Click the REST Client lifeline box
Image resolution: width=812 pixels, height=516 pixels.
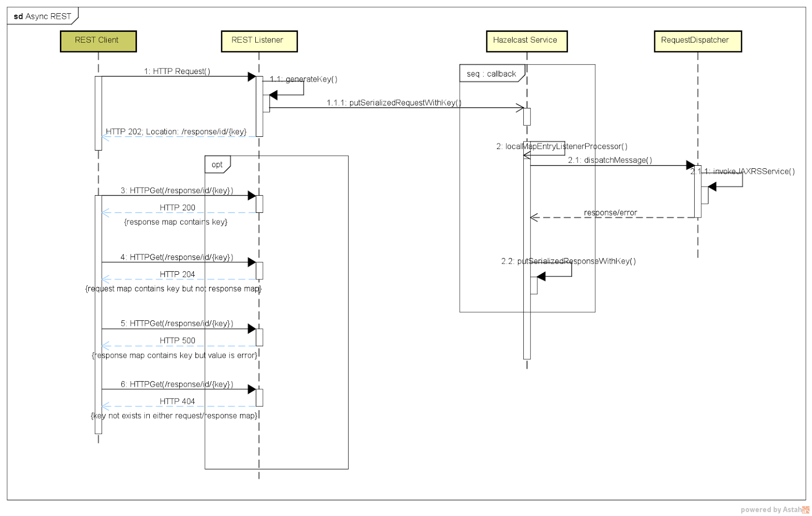[x=98, y=41]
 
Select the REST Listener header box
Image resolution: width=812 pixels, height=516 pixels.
[x=259, y=41]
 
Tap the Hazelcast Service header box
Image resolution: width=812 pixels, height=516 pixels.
[x=526, y=41]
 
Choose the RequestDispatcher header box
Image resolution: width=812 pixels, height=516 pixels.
[x=697, y=41]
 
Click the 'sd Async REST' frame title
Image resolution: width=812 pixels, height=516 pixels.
[x=43, y=16]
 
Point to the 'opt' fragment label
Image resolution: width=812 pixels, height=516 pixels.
[x=217, y=165]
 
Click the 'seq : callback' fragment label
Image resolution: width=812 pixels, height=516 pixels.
[x=491, y=74]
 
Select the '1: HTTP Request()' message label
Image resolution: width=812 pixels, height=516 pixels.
[x=177, y=71]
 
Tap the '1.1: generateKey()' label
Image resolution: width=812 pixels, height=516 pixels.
[x=303, y=79]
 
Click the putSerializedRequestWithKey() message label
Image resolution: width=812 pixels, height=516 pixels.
[x=394, y=103]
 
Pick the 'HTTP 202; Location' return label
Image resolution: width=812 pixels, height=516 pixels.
[x=176, y=132]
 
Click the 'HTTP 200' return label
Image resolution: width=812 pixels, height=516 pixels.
[x=177, y=208]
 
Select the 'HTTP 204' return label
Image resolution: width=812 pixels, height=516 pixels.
[x=177, y=274]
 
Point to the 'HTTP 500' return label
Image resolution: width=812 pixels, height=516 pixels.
[x=177, y=341]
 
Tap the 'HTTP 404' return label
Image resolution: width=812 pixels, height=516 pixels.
[x=177, y=401]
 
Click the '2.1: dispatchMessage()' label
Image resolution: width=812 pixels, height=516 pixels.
[x=610, y=160]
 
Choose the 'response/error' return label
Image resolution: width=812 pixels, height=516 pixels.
[x=610, y=213]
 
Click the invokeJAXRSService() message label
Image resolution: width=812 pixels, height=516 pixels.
[x=742, y=171]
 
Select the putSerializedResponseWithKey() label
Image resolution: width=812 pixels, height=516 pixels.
[x=568, y=262]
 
